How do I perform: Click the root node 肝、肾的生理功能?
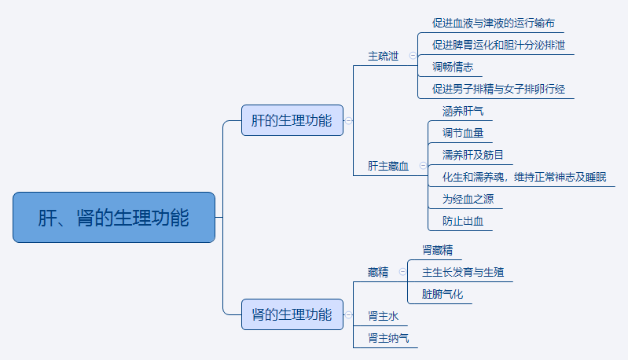114,217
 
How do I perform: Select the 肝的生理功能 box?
292,120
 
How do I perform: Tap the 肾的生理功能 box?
292,314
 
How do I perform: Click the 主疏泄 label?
384,57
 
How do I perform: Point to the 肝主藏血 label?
388,166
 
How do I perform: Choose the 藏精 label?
378,272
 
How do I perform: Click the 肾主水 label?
384,316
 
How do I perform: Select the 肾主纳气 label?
388,338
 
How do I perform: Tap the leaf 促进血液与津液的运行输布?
498,23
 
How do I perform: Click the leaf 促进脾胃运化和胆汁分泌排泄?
498,45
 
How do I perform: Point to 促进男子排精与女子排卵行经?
498,89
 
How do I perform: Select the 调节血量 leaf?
463,133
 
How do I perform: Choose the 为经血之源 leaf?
468,199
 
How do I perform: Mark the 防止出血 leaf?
463,221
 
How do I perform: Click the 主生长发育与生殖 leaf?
463,272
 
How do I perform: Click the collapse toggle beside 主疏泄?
413,56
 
